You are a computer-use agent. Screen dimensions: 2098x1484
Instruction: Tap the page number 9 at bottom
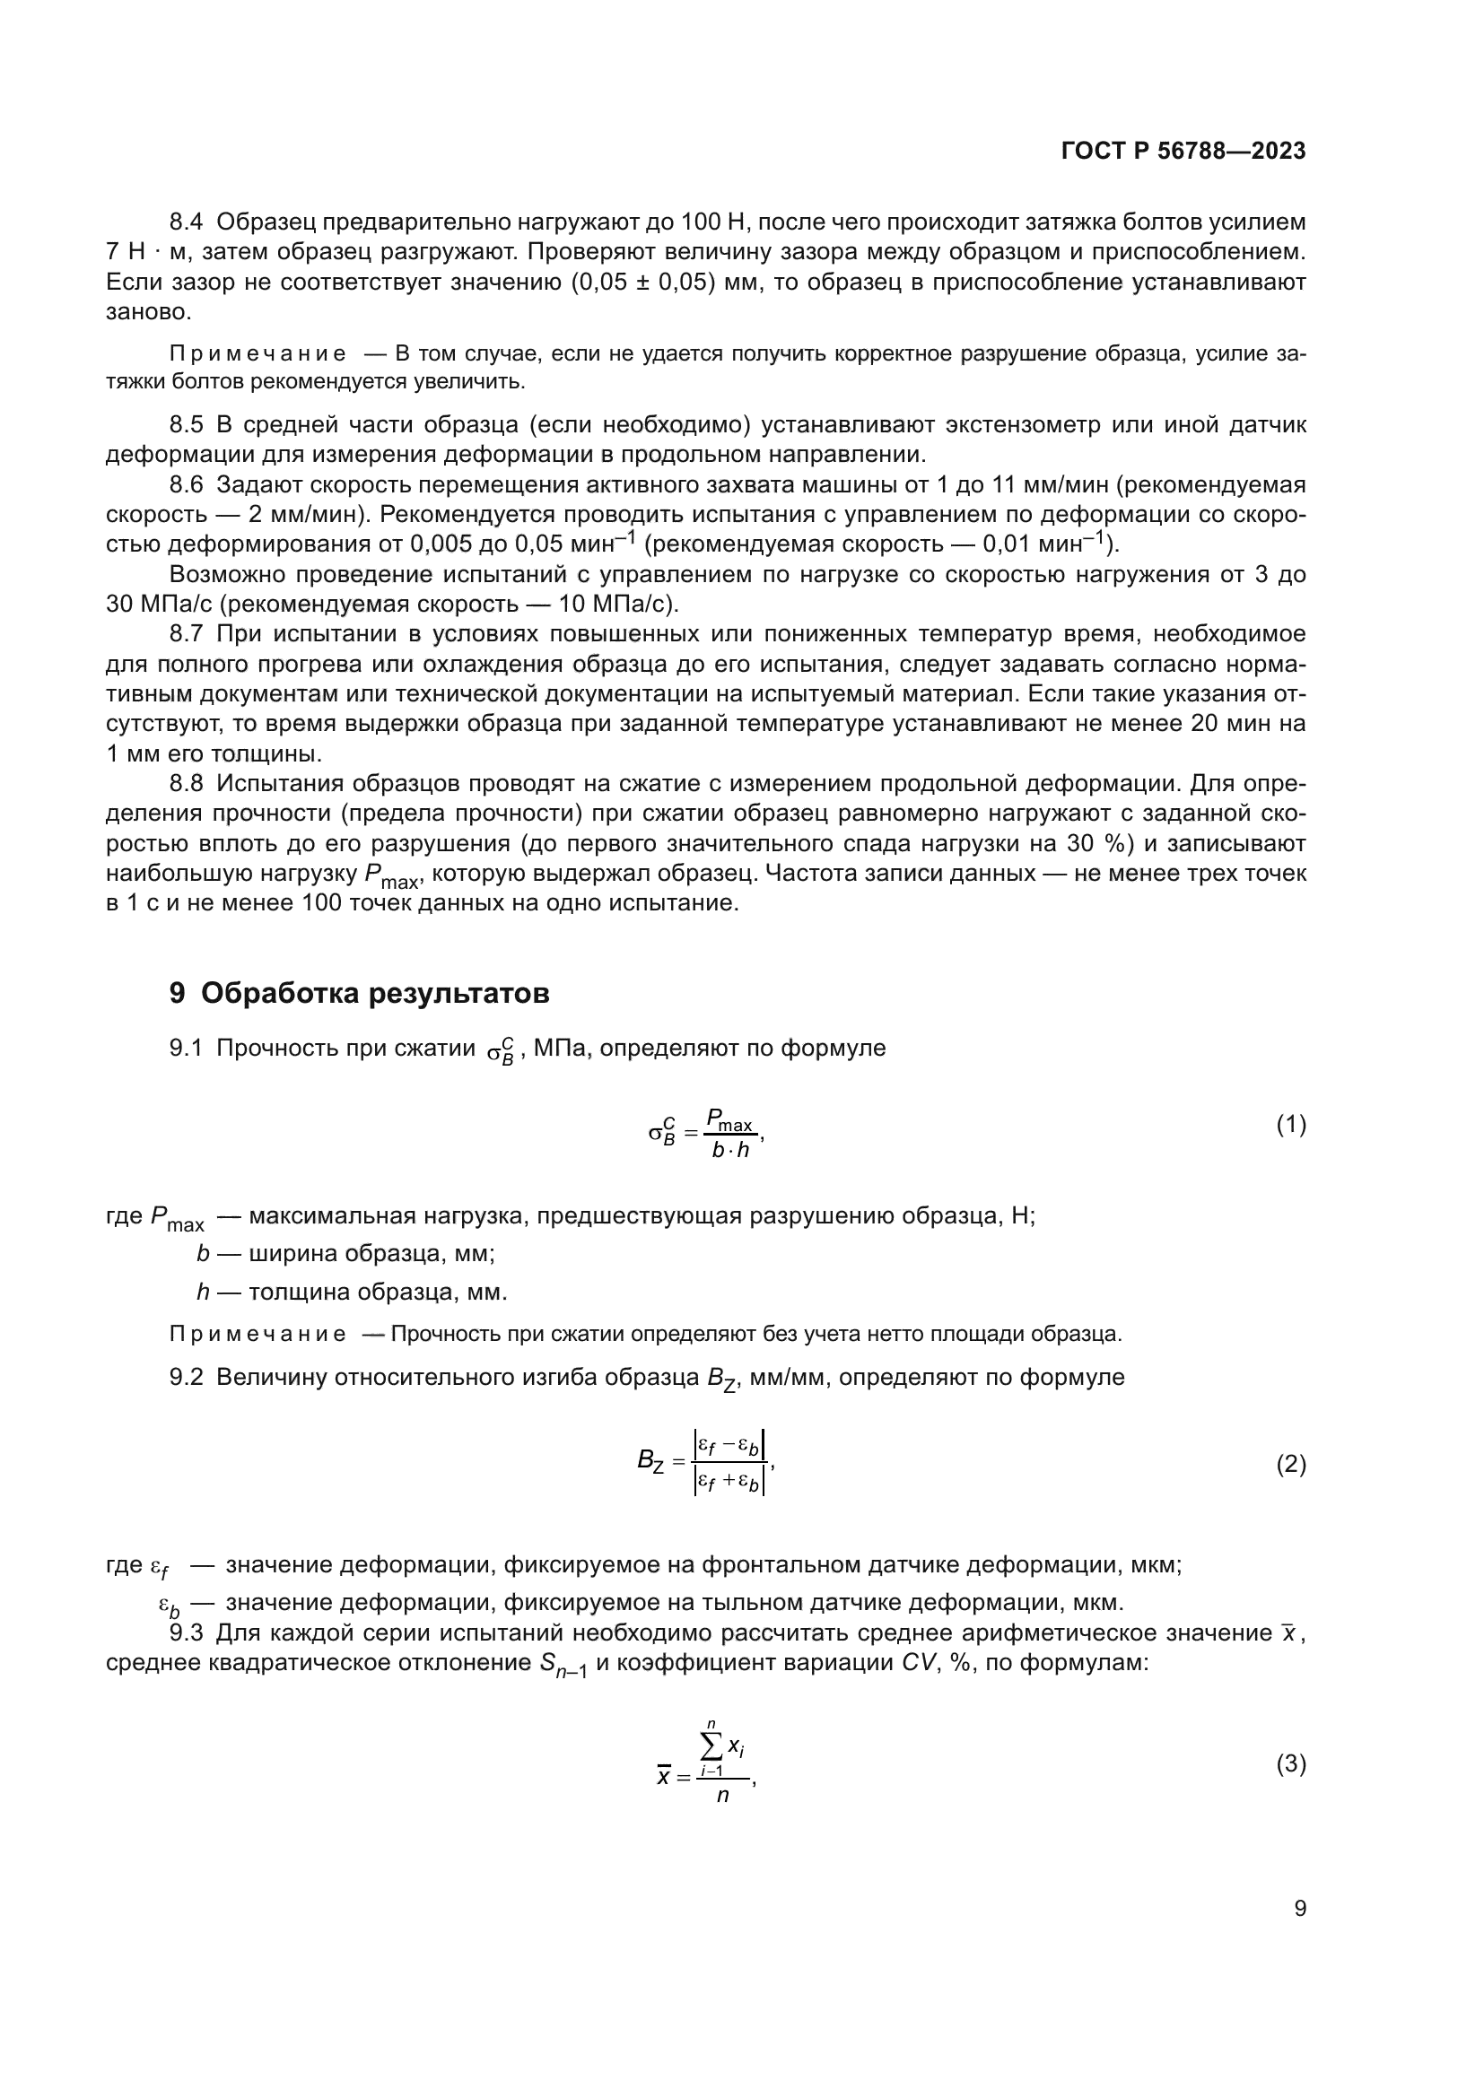tap(1299, 1909)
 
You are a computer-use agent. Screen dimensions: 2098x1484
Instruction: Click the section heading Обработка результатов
tap(375, 992)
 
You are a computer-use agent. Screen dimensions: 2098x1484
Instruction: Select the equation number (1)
tap(1290, 1125)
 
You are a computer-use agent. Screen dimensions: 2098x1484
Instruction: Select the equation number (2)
tap(1290, 1466)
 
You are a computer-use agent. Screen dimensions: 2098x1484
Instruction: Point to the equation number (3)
tap(1290, 1764)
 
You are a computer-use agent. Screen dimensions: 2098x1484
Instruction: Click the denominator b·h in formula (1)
tap(730, 1151)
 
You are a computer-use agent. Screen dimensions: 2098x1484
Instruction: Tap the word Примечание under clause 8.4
tap(258, 354)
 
